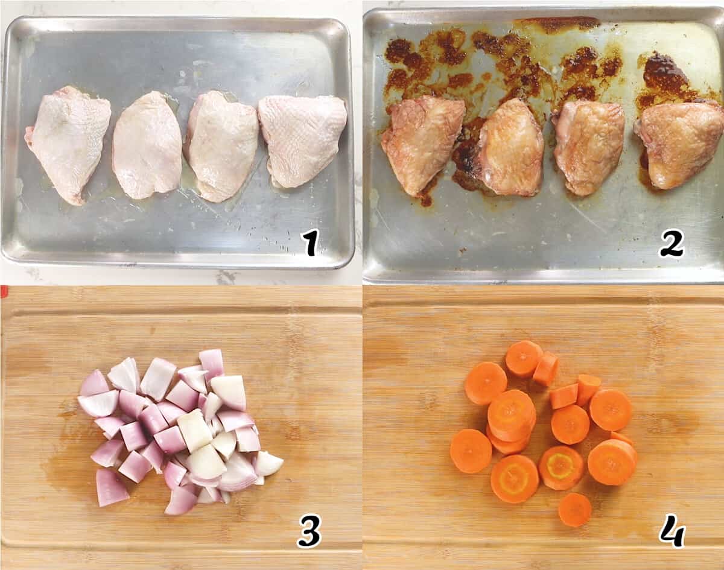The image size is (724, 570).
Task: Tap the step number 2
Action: [671, 243]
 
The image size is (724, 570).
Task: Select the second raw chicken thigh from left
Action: [147, 145]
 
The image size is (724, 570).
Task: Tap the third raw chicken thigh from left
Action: [221, 145]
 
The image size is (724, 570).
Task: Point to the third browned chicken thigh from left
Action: [589, 147]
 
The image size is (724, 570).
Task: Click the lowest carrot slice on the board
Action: [575, 510]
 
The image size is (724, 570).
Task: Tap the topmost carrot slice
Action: [524, 358]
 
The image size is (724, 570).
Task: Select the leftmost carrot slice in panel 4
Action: [471, 451]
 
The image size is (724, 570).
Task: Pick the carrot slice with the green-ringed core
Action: [561, 467]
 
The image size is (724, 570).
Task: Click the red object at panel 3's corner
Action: [4, 291]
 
